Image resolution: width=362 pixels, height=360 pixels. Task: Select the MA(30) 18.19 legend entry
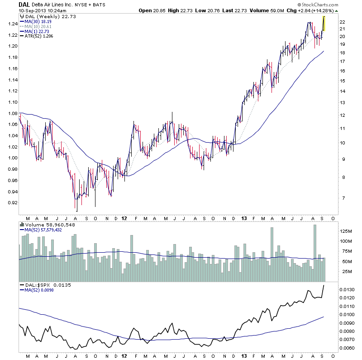point(40,21)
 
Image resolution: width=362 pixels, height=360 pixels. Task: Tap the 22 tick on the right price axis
point(343,22)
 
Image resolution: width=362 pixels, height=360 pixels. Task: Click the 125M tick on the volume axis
point(346,230)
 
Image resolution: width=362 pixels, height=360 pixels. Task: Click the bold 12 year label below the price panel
point(124,218)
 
